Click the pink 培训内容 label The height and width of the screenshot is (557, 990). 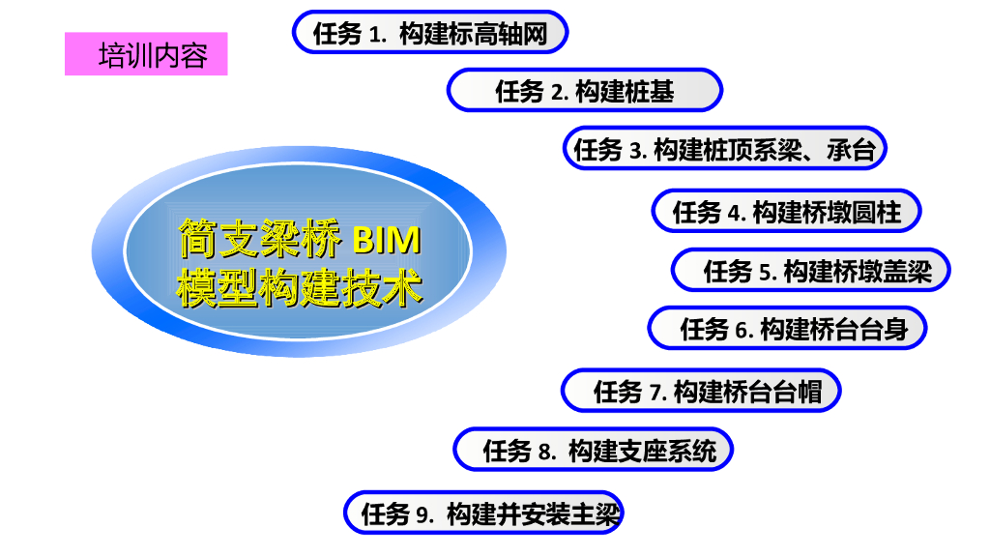pyautogui.click(x=146, y=54)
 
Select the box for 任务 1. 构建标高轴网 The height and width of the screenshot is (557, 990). pyautogui.click(x=429, y=34)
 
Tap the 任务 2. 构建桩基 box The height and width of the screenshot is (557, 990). pyautogui.click(x=584, y=91)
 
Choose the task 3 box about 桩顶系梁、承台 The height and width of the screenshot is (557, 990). pyautogui.click(x=724, y=149)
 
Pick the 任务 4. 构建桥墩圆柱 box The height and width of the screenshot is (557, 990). pyautogui.click(x=786, y=212)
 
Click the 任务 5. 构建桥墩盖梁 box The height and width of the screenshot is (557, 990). pyautogui.click(x=810, y=271)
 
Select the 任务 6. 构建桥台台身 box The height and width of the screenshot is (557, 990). pyautogui.click(x=787, y=329)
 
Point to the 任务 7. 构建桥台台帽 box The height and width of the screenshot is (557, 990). pyautogui.click(x=701, y=391)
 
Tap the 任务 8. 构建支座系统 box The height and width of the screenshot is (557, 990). pyautogui.click(x=593, y=451)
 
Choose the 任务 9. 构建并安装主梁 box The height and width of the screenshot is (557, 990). pyautogui.click(x=483, y=513)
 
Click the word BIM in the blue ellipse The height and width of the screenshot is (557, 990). pyautogui.click(x=387, y=237)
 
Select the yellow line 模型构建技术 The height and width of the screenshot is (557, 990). pyautogui.click(x=300, y=286)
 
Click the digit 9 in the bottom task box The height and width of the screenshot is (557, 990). pyautogui.click(x=422, y=514)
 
